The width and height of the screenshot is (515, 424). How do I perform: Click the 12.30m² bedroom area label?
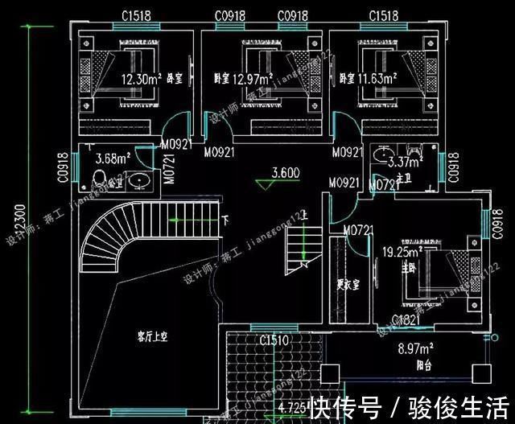coord(142,80)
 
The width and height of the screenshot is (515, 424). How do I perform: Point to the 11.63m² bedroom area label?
coord(377,79)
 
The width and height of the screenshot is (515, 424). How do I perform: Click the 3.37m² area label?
coord(403,162)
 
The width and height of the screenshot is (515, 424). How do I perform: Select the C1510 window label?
coord(274,340)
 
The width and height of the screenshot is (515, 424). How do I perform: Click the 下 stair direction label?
coord(226,219)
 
